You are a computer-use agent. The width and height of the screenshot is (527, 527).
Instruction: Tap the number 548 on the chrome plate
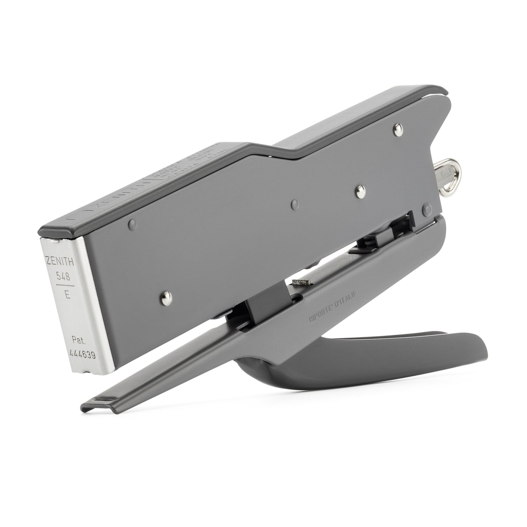(x=63, y=277)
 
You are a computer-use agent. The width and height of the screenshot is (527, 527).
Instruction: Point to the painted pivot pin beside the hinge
(x=427, y=208)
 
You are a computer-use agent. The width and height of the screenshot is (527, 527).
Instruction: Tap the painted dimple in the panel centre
(x=294, y=203)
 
